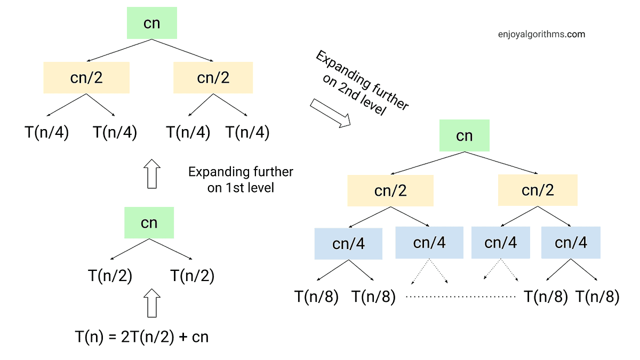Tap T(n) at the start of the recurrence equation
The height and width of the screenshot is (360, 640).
click(87, 338)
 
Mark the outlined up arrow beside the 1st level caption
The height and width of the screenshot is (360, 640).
click(153, 173)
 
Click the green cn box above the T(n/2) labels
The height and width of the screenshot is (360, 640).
click(149, 222)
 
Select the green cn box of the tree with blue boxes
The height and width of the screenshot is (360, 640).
click(464, 135)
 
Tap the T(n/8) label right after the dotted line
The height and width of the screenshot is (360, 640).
click(546, 297)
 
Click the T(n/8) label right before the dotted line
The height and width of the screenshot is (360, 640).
click(373, 297)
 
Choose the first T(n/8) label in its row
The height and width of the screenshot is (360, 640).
click(317, 297)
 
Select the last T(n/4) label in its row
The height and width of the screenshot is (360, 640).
click(247, 132)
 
